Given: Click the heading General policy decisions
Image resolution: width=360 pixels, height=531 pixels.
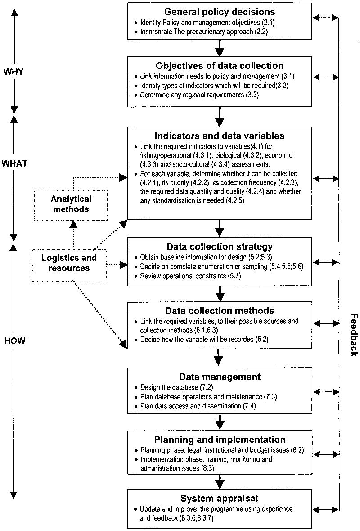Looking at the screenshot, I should point(220,12).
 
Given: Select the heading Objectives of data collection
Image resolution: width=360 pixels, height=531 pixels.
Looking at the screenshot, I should point(220,66).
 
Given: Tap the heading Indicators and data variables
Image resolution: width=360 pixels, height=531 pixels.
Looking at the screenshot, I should point(220,136).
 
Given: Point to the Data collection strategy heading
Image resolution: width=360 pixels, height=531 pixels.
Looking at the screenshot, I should point(220,247).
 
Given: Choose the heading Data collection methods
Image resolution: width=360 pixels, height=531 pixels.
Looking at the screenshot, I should point(220,311).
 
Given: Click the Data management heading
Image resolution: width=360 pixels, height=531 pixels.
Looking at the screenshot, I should point(220,377).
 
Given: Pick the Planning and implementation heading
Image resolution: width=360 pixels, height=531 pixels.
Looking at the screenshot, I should point(220,440).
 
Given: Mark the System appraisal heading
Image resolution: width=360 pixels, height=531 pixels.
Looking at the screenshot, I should point(220,498).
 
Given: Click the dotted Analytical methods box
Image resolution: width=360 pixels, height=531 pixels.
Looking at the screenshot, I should point(71,204).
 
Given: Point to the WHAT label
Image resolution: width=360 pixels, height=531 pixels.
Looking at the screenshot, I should point(14,163).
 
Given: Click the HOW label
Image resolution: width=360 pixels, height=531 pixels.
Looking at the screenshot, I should point(14,341).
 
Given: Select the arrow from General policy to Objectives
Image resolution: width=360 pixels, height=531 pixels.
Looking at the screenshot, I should point(220,47).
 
